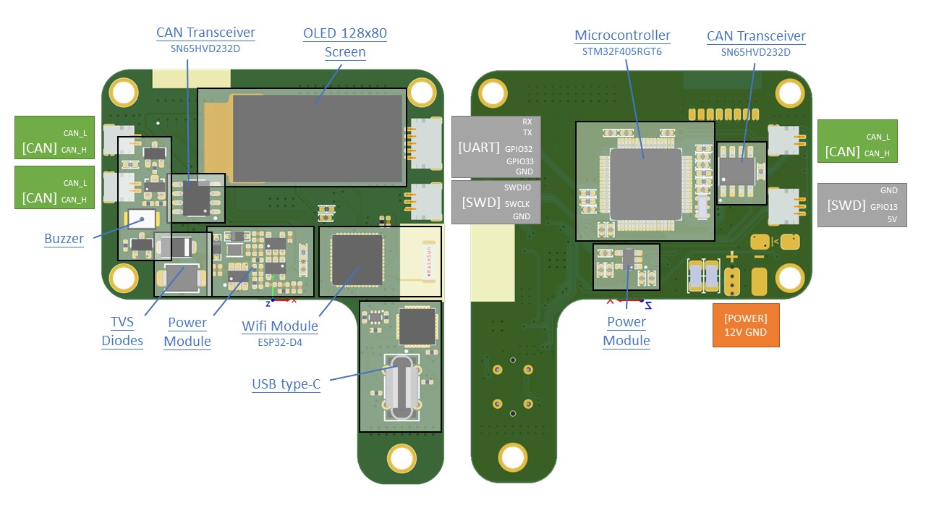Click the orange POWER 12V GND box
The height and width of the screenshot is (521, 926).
click(x=746, y=326)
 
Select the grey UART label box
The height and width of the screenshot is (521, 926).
click(x=492, y=147)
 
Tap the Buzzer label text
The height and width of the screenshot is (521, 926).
click(x=64, y=238)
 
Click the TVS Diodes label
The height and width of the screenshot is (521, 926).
click(x=122, y=331)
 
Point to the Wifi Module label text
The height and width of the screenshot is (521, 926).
click(x=280, y=326)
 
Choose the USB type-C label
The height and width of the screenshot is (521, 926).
click(x=286, y=384)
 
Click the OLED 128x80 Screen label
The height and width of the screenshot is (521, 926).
click(x=344, y=43)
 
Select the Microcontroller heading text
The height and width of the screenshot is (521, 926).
click(x=622, y=35)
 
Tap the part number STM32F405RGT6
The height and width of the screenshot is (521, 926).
click(x=622, y=51)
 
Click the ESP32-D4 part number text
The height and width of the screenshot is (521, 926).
click(x=280, y=342)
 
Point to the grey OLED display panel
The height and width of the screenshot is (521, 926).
click(x=315, y=137)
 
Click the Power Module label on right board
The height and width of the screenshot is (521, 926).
click(x=626, y=331)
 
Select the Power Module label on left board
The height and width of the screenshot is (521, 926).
click(x=187, y=331)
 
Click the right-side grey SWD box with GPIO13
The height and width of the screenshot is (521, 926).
click(x=862, y=205)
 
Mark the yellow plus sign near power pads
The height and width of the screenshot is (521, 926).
click(x=731, y=257)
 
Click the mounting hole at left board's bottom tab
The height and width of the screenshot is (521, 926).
click(x=401, y=457)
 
